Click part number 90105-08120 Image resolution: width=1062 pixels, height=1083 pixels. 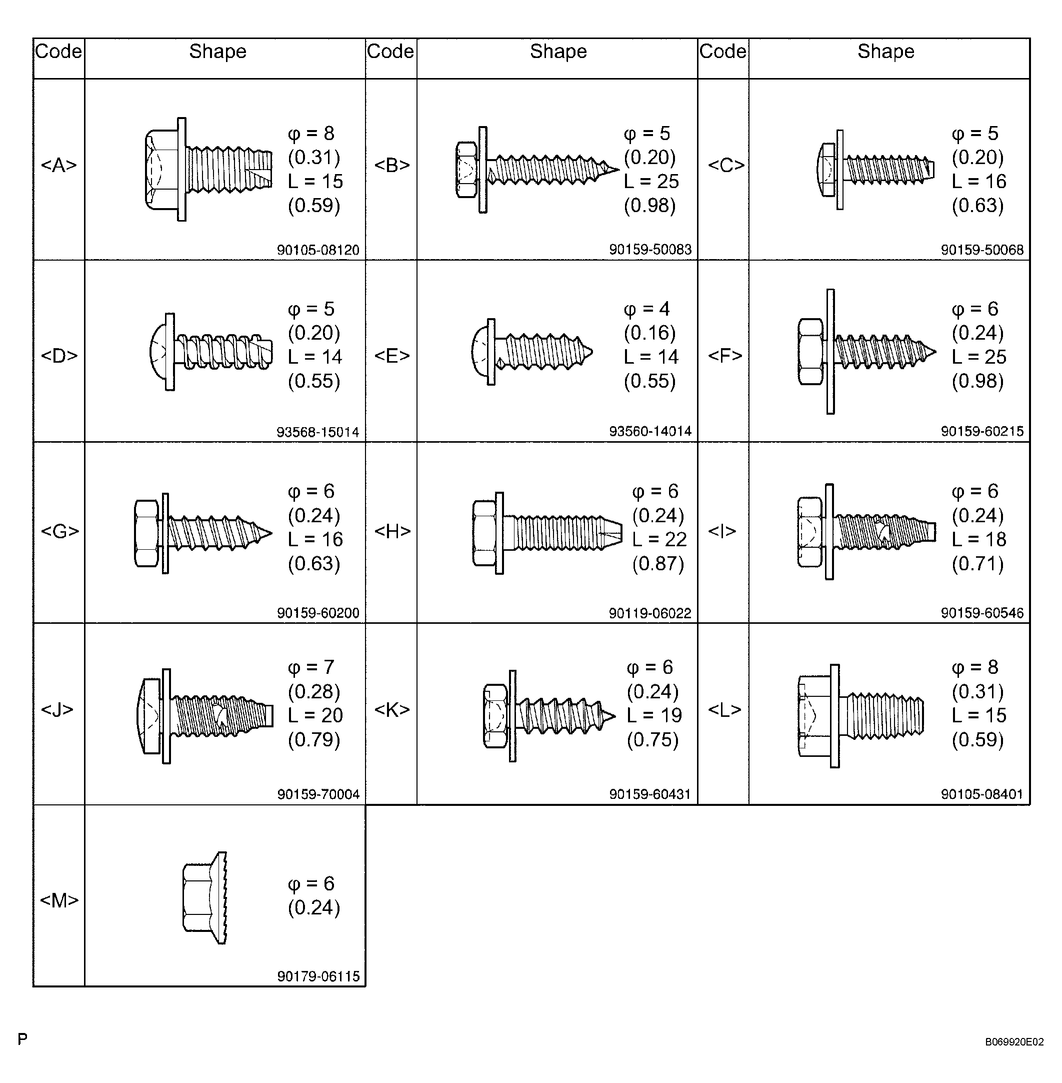[x=318, y=250]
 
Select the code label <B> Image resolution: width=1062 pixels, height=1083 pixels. [x=391, y=165]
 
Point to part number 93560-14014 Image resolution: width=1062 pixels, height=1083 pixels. [x=650, y=431]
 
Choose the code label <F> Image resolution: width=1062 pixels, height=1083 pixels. [x=725, y=356]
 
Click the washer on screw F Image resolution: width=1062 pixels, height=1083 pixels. [x=830, y=352]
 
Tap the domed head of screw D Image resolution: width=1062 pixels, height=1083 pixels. [x=158, y=352]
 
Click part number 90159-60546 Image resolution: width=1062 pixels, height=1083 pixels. [x=982, y=613]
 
